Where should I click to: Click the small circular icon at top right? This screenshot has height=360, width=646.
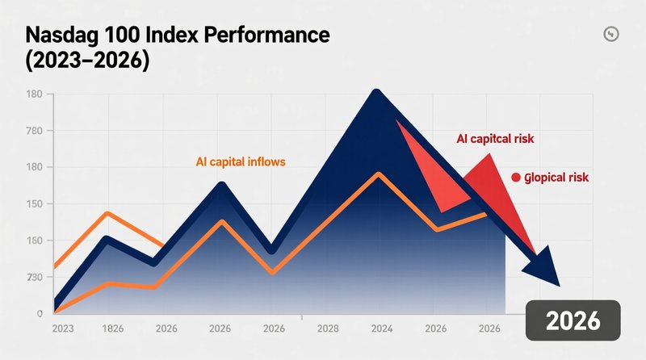click(x=610, y=34)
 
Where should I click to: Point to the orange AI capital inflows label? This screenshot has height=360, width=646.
click(x=241, y=161)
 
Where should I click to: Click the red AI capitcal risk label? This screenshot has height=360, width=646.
click(x=495, y=139)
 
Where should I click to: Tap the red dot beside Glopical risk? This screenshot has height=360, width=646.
click(x=515, y=178)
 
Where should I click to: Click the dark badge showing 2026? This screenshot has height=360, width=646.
click(x=573, y=320)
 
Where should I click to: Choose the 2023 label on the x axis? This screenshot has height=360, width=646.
click(x=63, y=329)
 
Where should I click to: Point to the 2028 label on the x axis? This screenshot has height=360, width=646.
click(x=327, y=329)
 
